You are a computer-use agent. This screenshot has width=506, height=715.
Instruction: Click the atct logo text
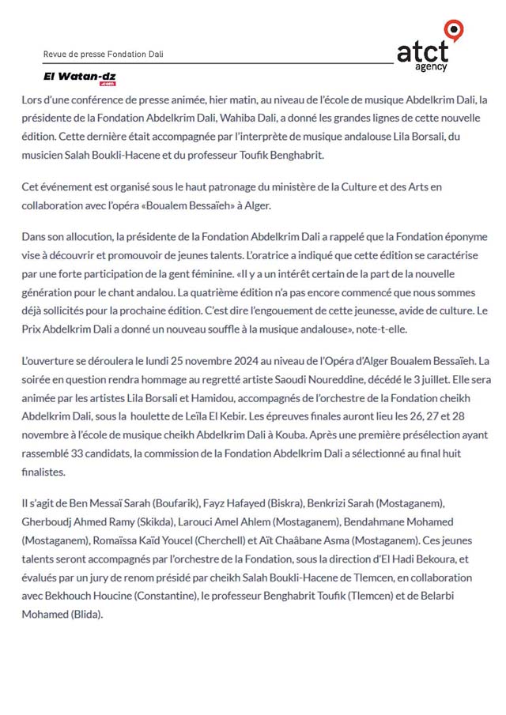pyautogui.click(x=422, y=53)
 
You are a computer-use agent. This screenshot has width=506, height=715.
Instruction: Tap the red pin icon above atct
pyautogui.click(x=454, y=29)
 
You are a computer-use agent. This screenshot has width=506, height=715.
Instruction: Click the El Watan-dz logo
pyautogui.click(x=80, y=76)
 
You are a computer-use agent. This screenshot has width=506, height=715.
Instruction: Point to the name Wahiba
pyautogui.click(x=267, y=119)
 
